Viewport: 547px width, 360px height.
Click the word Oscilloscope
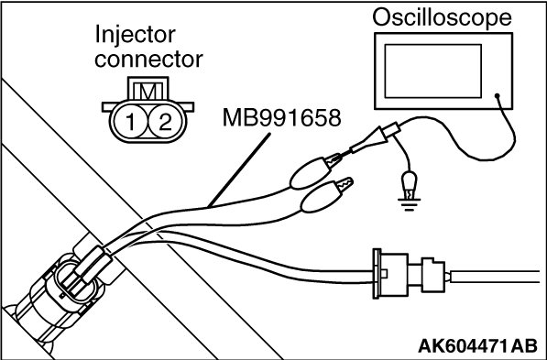pyautogui.click(x=442, y=17)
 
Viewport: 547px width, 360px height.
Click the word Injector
pyautogui.click(x=135, y=35)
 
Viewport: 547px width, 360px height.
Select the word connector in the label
pyautogui.click(x=148, y=60)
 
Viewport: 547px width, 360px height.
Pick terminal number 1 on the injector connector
pyautogui.click(x=130, y=122)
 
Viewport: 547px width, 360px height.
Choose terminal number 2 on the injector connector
pyautogui.click(x=165, y=122)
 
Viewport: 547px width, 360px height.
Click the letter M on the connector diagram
pyautogui.click(x=148, y=91)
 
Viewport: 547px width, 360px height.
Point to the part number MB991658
pyautogui.click(x=281, y=117)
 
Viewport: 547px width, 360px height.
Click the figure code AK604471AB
pyautogui.click(x=477, y=345)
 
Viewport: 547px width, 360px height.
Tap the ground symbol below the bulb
pyautogui.click(x=410, y=204)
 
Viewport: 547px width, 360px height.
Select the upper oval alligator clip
pyautogui.click(x=310, y=173)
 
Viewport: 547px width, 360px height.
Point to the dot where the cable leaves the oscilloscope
pyautogui.click(x=498, y=95)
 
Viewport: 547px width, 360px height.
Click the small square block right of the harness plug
pyautogui.click(x=433, y=275)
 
